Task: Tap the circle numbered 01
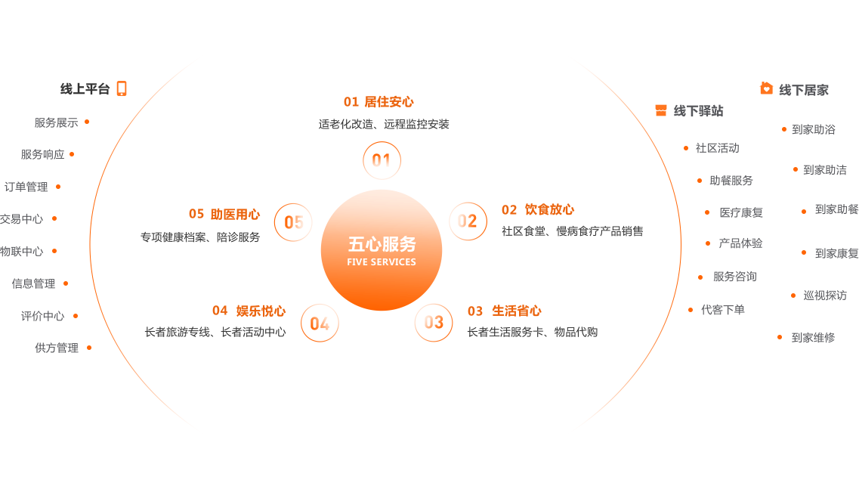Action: point(382,160)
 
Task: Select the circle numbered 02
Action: point(468,221)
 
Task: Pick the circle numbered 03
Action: point(434,322)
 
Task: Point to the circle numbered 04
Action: point(320,323)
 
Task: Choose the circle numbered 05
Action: point(293,222)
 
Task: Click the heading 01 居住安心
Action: point(379,102)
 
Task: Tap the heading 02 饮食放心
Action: point(537,210)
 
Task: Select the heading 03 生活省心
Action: point(504,311)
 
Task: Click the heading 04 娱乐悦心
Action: point(249,311)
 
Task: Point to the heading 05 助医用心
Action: point(224,215)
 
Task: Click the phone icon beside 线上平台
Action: point(122,88)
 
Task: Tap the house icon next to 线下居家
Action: point(766,88)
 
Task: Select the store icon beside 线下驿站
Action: point(661,110)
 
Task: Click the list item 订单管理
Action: point(26,187)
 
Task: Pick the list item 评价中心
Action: point(42,316)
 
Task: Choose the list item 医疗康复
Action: point(740,213)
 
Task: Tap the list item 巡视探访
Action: point(824,296)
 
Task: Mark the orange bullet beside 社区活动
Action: point(686,148)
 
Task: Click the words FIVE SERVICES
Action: point(382,262)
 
